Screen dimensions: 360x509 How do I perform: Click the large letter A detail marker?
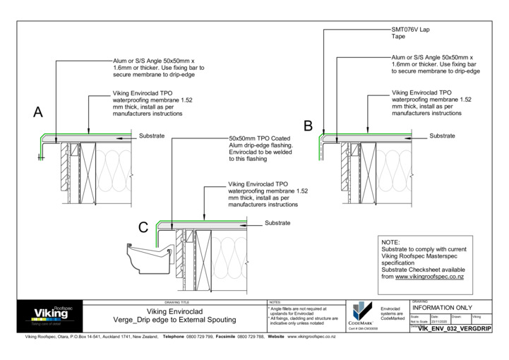38,112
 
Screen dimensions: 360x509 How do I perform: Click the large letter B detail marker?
308,126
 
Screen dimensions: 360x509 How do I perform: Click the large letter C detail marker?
143,227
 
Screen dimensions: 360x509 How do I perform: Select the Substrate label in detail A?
152,135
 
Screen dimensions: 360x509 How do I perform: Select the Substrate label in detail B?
443,135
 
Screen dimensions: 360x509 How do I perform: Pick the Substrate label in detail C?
277,223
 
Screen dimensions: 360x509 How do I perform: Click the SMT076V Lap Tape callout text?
410,34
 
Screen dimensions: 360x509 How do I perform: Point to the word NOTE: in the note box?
390,242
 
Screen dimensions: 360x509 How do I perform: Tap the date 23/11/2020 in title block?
440,322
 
